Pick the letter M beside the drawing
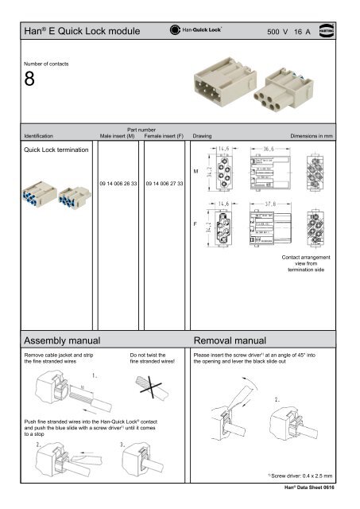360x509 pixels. (x=195, y=170)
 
